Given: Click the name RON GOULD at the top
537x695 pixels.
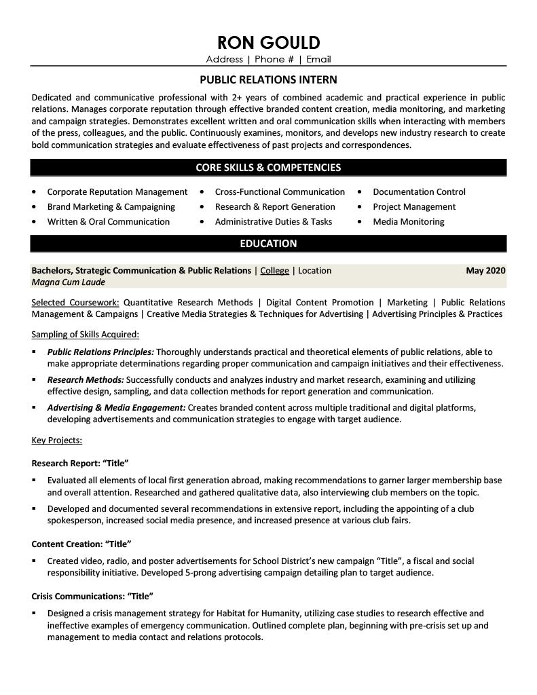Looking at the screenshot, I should [x=268, y=43].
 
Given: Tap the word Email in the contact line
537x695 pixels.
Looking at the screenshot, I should [x=318, y=59].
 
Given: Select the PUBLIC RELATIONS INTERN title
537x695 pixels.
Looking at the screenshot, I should [x=268, y=79].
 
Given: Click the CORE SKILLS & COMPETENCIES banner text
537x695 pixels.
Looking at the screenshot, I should [x=268, y=167].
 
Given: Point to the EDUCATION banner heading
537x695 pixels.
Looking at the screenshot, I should [x=268, y=243].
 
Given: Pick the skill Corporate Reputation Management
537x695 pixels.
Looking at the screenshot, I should [x=117, y=192].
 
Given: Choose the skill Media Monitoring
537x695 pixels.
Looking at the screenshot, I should [x=409, y=222].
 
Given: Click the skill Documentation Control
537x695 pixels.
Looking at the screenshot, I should [x=419, y=192].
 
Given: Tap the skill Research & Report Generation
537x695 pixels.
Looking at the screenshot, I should [x=275, y=207].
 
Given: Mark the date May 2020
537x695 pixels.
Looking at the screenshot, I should [x=485, y=270].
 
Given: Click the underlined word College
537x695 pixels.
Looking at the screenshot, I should [x=274, y=270].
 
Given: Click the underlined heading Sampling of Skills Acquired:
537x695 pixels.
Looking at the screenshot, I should [x=85, y=334].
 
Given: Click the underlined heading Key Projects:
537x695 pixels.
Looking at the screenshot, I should [x=57, y=440].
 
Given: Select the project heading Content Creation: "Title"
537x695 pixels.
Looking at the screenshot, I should [x=81, y=544].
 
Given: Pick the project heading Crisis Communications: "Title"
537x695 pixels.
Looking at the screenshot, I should [x=92, y=596].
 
